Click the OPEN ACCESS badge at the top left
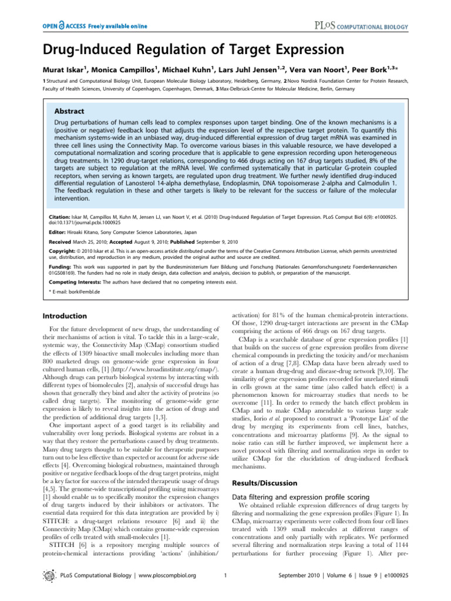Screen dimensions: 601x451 (x=94, y=26)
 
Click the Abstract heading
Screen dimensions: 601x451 (x=69, y=111)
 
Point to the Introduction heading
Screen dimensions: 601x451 (x=67, y=316)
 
